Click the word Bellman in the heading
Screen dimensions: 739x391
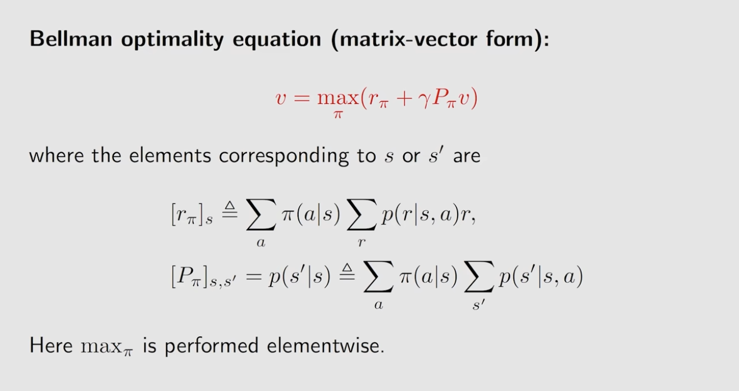coord(71,39)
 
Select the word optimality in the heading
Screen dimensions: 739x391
coord(172,39)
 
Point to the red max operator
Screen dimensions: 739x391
coord(338,98)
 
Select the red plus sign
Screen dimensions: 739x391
coord(403,98)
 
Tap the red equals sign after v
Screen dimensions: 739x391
coord(302,98)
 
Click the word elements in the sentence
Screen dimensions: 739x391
coord(170,156)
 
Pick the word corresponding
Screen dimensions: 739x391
coord(284,156)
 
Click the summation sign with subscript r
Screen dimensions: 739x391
coord(361,215)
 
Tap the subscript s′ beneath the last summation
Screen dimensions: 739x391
coord(479,305)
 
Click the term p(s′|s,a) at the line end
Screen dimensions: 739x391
coord(541,277)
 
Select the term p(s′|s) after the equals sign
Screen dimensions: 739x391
coord(299,277)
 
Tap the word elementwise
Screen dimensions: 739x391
coord(326,346)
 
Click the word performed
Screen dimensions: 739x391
coord(211,347)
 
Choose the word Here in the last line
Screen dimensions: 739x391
coord(51,346)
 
